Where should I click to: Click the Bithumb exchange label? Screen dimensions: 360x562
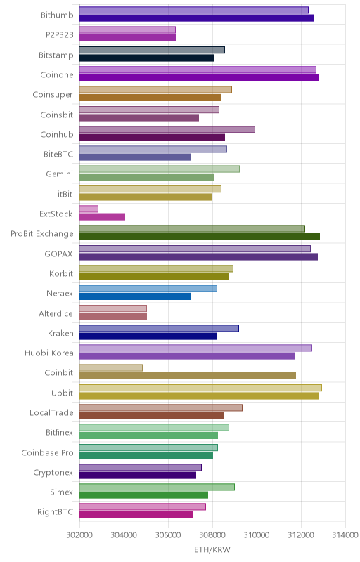57,15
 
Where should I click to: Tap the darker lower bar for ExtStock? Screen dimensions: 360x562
102,217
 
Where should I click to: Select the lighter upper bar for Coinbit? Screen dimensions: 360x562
111,367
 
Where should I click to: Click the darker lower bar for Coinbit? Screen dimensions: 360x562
188,376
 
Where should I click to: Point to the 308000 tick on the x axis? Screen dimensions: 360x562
212,535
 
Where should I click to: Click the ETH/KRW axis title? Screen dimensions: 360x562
212,549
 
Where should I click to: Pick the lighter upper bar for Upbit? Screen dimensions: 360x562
200,388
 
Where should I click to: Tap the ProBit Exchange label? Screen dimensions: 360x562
42,234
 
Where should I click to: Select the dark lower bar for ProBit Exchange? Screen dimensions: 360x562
200,237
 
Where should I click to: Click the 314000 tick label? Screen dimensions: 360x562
345,535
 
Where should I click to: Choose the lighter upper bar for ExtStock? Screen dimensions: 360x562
89,209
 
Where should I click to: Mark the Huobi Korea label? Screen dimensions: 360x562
49,353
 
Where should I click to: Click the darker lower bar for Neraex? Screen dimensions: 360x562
135,296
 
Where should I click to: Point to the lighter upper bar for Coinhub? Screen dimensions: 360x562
167,129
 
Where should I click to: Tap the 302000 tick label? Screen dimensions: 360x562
79,535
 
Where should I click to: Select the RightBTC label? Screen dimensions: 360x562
56,512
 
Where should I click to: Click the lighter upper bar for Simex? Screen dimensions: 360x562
157,487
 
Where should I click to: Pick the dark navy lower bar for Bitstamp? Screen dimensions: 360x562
147,58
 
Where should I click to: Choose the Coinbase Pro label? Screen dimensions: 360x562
47,452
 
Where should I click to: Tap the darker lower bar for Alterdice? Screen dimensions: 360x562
113,316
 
